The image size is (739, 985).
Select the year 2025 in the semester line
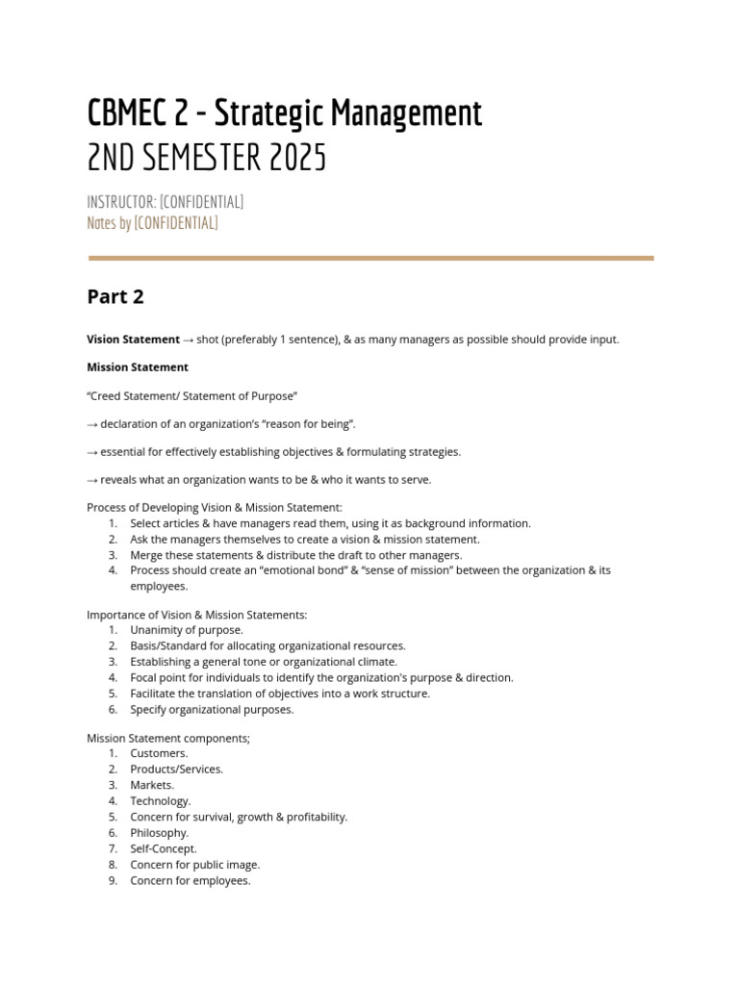296,158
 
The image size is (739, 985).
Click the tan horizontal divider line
370,258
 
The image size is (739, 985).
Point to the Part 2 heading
115,297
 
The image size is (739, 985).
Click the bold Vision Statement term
133,340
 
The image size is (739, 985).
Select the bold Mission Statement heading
138,367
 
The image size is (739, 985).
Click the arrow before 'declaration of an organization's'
91,424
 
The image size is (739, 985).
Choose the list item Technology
161,800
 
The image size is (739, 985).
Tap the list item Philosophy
160,833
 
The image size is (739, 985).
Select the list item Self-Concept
164,848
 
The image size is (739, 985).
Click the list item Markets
152,785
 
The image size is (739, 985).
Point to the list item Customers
160,753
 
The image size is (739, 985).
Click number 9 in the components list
113,880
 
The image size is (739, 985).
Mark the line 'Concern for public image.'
195,865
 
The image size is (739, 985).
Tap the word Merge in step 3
147,555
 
